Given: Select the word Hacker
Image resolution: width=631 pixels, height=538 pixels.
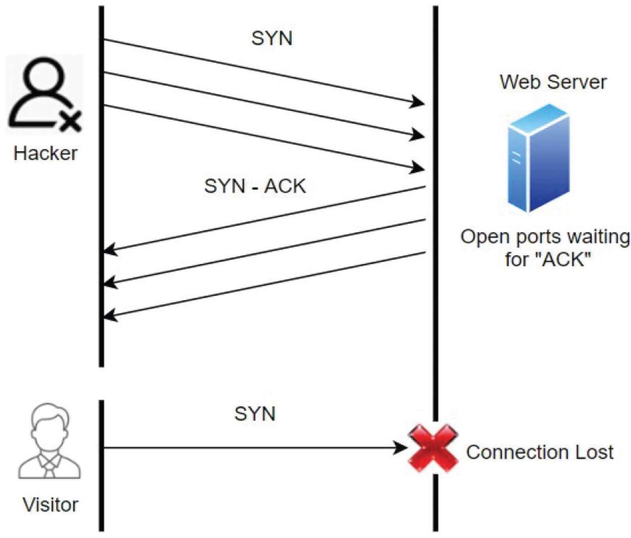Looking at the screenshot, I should coord(45,153).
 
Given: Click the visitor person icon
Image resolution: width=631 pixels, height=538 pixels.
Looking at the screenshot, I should coord(50,441).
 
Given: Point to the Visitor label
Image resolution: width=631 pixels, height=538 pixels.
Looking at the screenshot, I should coord(50,505).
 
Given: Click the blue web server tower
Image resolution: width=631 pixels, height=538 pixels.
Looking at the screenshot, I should coord(538,158).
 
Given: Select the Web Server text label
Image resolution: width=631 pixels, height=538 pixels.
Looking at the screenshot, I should coord(553,82).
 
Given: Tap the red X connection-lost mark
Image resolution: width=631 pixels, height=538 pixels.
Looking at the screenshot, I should coord(433,448).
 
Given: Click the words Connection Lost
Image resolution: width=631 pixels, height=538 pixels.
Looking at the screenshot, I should coord(540,452).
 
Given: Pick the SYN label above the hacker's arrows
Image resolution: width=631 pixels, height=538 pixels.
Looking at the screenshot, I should coord(272,38).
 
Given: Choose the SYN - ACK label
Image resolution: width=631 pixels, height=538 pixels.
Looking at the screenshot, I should coord(255,186).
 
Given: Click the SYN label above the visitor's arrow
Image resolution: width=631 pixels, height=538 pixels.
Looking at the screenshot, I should coord(255,413).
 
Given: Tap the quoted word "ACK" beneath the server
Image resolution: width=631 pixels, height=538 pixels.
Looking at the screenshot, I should coord(564,259).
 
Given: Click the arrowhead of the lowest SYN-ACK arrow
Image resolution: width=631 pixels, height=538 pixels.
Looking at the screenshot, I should coord(109,315).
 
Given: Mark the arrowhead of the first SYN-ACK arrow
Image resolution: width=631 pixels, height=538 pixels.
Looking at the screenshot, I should coord(109,249).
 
